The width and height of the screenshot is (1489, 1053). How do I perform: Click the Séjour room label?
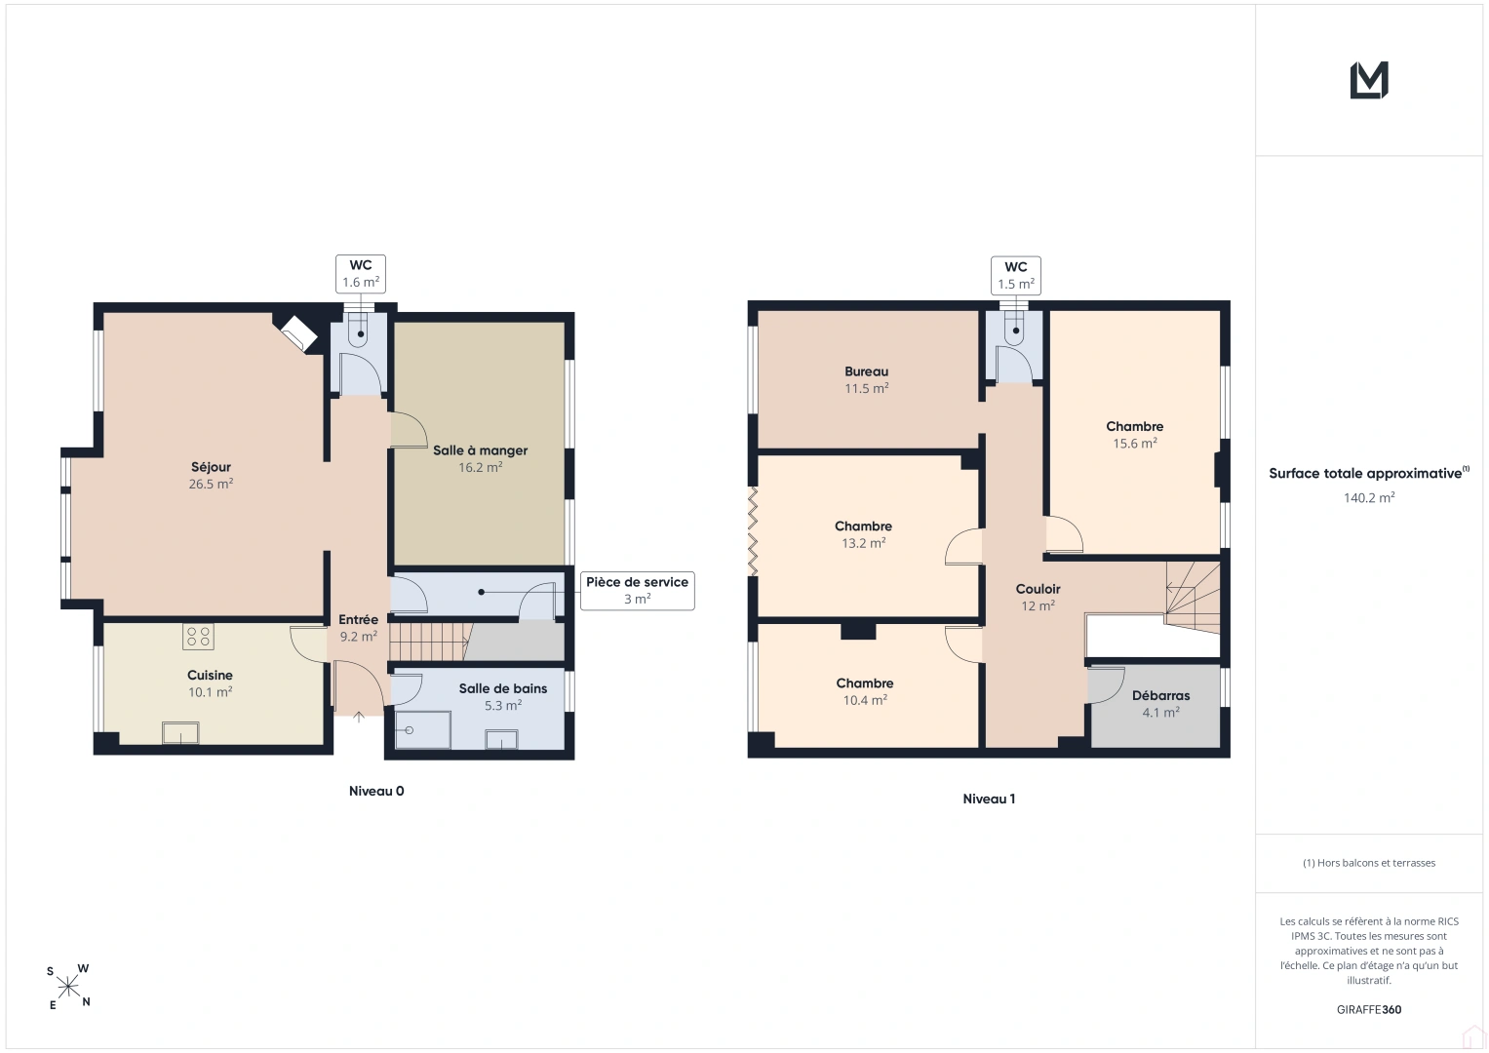(211, 467)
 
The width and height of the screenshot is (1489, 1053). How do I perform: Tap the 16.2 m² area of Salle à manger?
(480, 467)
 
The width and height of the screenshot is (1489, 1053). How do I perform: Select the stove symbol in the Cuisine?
(198, 637)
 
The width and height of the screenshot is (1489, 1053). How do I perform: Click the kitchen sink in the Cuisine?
(180, 732)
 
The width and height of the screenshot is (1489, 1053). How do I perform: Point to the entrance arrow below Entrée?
(358, 718)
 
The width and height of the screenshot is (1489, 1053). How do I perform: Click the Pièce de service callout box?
(637, 590)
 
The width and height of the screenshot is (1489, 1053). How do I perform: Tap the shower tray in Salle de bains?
(423, 730)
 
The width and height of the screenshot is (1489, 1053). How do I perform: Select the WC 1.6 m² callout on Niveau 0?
(360, 273)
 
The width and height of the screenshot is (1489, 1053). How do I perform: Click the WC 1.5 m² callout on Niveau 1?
(1016, 275)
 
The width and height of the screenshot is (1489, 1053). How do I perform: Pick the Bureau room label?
(866, 371)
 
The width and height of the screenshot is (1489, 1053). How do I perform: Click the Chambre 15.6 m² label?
(1134, 435)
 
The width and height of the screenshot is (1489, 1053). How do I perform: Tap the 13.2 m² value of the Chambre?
(863, 543)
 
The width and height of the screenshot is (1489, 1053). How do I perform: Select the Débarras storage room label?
(1160, 695)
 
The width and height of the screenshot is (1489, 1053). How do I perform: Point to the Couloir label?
(1038, 589)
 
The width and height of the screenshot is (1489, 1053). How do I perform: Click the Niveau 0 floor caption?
(376, 791)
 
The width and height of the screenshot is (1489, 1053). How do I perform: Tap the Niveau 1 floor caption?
(989, 799)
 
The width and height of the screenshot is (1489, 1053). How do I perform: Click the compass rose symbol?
(68, 987)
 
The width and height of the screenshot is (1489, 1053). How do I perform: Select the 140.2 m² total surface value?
(1369, 498)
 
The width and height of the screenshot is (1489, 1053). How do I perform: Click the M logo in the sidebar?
(1369, 80)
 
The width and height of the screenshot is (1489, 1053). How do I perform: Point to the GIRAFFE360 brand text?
(1369, 1009)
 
